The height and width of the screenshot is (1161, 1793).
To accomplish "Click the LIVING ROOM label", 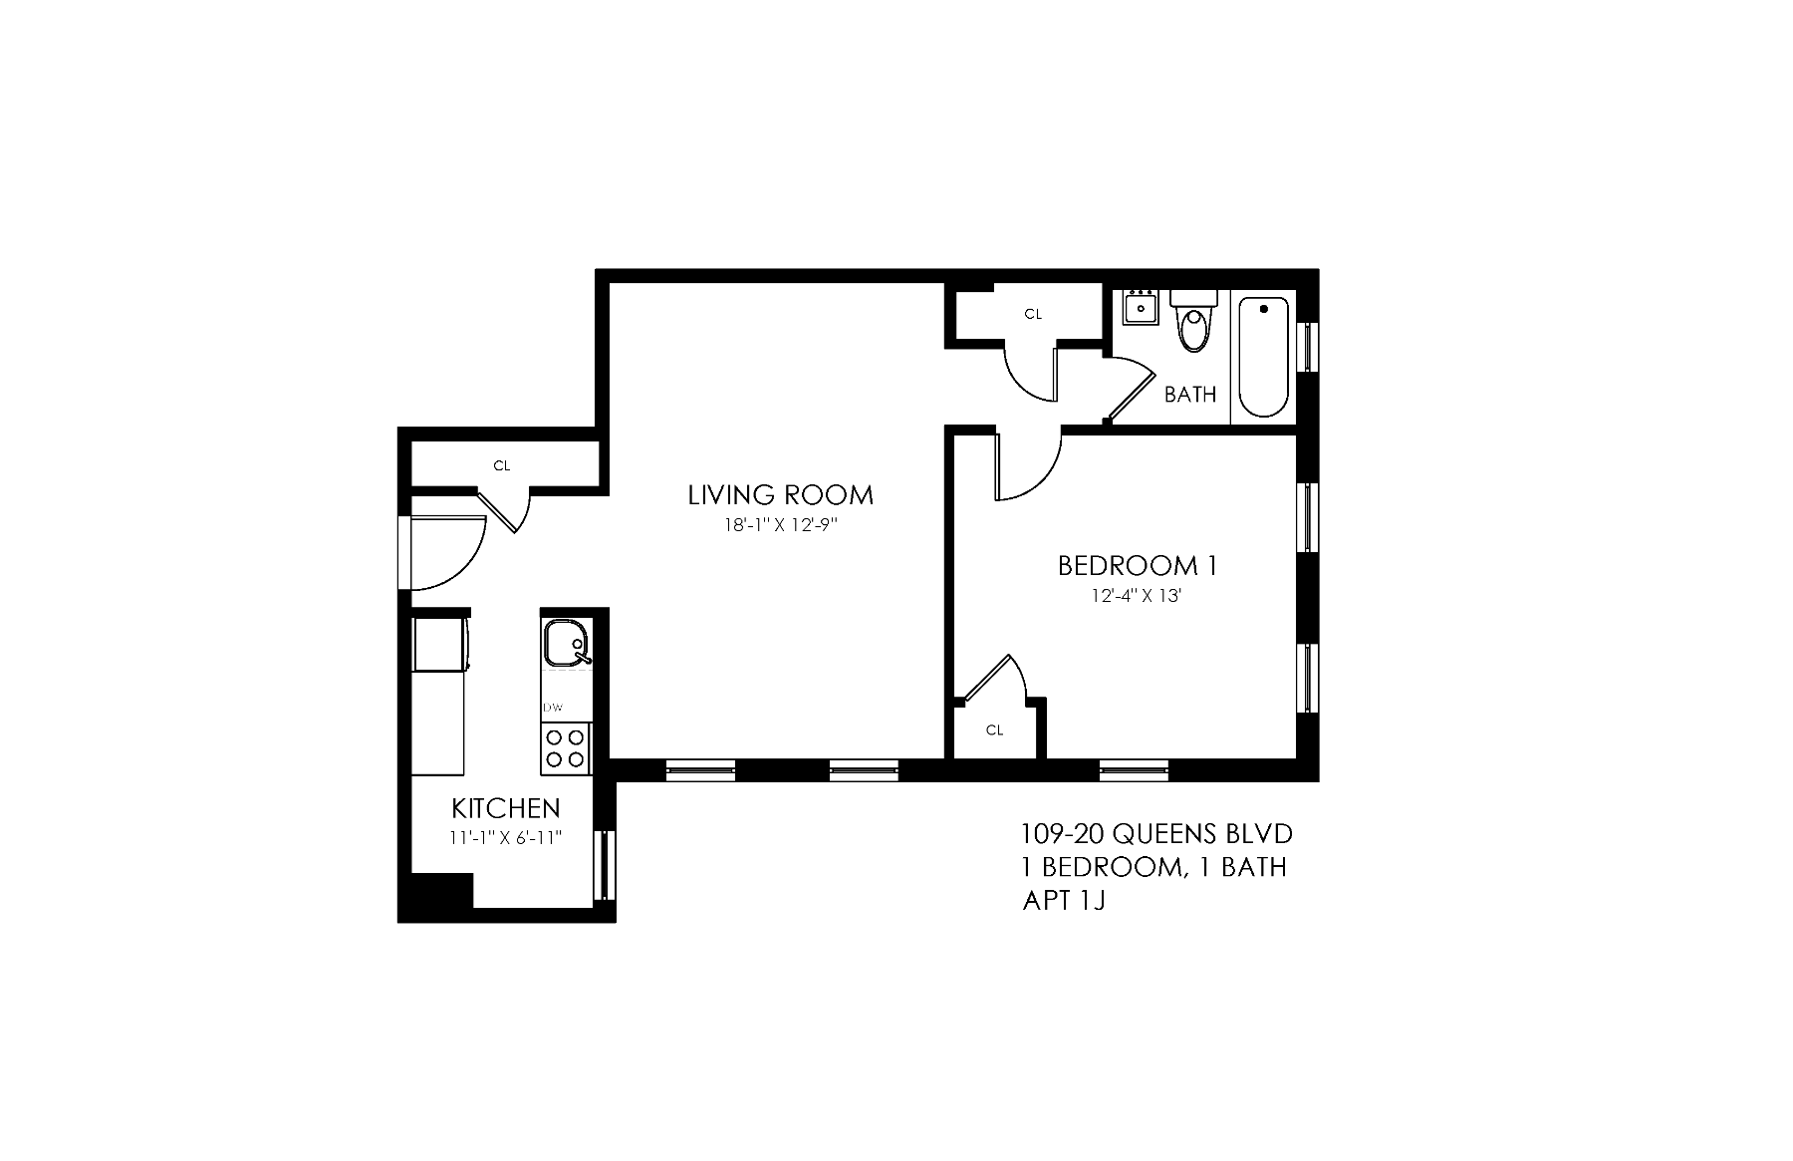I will pyautogui.click(x=780, y=495).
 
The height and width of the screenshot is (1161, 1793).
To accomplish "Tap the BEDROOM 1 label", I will pyautogui.click(x=1137, y=566).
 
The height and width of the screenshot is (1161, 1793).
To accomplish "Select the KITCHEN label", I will pyautogui.click(x=506, y=808).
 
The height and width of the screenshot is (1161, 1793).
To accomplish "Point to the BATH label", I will pyautogui.click(x=1190, y=395).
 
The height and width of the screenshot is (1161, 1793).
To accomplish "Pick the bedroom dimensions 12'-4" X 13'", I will pyautogui.click(x=1137, y=597).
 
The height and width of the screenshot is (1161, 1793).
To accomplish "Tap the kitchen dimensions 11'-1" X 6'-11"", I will pyautogui.click(x=506, y=838).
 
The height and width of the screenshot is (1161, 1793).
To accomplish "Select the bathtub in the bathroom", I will pyautogui.click(x=1262, y=357).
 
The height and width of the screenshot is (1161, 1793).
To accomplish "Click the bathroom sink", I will pyautogui.click(x=1140, y=308).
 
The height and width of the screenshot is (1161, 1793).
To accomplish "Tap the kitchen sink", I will pyautogui.click(x=565, y=643).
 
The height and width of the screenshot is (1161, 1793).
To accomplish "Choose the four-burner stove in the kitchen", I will pyautogui.click(x=565, y=748).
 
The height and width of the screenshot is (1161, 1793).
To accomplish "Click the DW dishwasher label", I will pyautogui.click(x=553, y=708).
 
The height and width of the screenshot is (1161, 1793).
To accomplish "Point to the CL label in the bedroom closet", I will pyautogui.click(x=994, y=730).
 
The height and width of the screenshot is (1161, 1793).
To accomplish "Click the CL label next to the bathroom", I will pyautogui.click(x=1033, y=314).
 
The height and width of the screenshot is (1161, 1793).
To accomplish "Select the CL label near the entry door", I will pyautogui.click(x=502, y=465).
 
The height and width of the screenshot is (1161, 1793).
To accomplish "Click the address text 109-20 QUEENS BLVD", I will pyautogui.click(x=1156, y=833).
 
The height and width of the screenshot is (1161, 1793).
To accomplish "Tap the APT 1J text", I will pyautogui.click(x=1064, y=902).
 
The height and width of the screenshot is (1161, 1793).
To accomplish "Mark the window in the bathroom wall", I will pyautogui.click(x=1308, y=347).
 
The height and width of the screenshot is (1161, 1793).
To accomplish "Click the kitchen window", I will pyautogui.click(x=603, y=864).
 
